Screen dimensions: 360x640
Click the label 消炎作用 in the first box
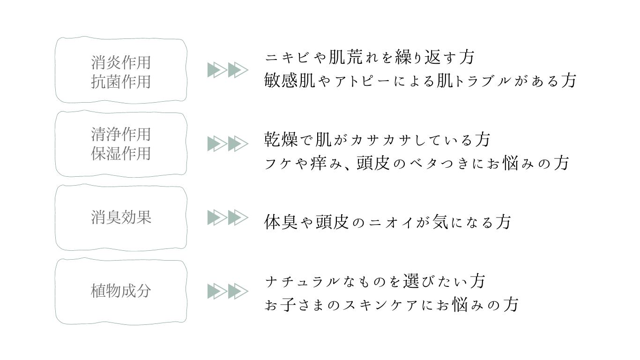[x=121, y=62]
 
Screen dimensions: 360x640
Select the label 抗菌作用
[x=121, y=82]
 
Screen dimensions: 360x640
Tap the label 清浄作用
[x=121, y=134]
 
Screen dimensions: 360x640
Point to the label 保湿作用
[x=121, y=153]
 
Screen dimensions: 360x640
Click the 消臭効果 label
[x=121, y=217]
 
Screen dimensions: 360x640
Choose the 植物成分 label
[x=121, y=291]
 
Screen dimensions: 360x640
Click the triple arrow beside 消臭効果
[x=228, y=217]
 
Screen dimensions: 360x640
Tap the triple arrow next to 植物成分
[x=228, y=291]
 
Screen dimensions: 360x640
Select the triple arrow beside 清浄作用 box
[x=228, y=143]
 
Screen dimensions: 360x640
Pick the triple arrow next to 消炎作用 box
[x=228, y=70]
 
